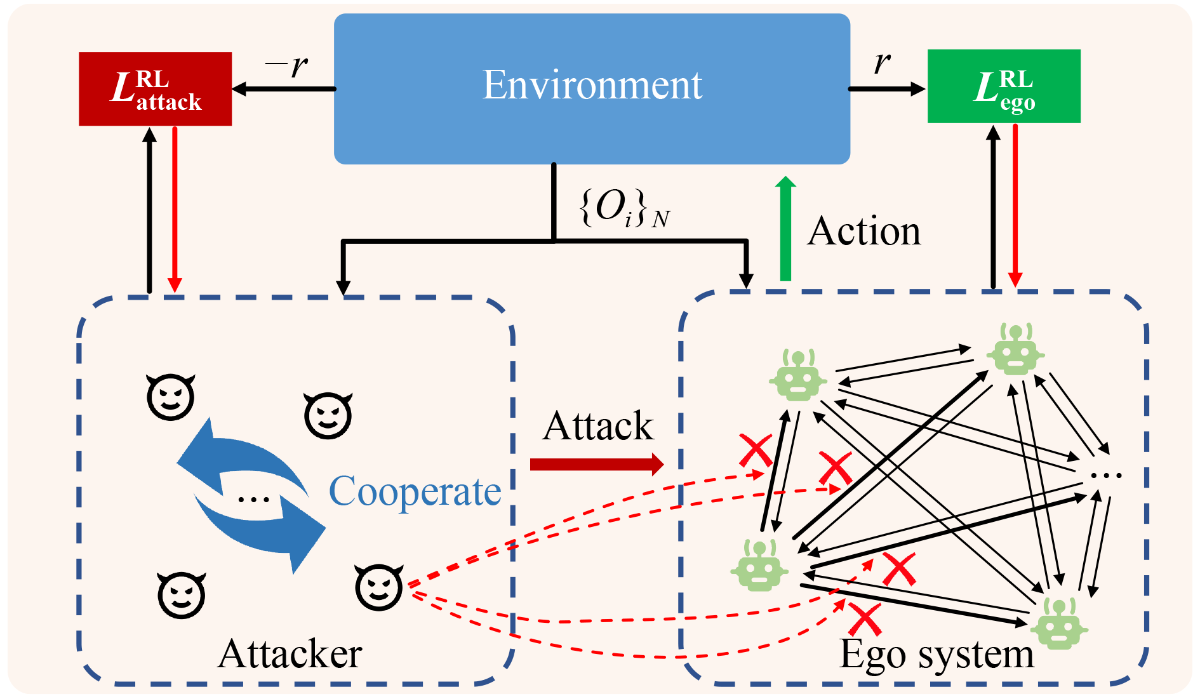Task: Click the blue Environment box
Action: click(592, 88)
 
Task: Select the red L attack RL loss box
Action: click(155, 89)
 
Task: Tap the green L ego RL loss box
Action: click(1004, 86)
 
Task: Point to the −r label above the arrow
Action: click(287, 65)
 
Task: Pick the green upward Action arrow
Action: click(785, 228)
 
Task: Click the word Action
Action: click(864, 231)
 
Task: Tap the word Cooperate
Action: click(415, 491)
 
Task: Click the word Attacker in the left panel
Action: click(290, 654)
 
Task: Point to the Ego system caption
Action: click(937, 655)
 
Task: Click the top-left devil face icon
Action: click(170, 397)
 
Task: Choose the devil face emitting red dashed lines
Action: click(379, 587)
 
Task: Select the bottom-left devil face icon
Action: click(182, 595)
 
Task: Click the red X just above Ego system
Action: click(865, 619)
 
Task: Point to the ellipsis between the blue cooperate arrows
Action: click(253, 499)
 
